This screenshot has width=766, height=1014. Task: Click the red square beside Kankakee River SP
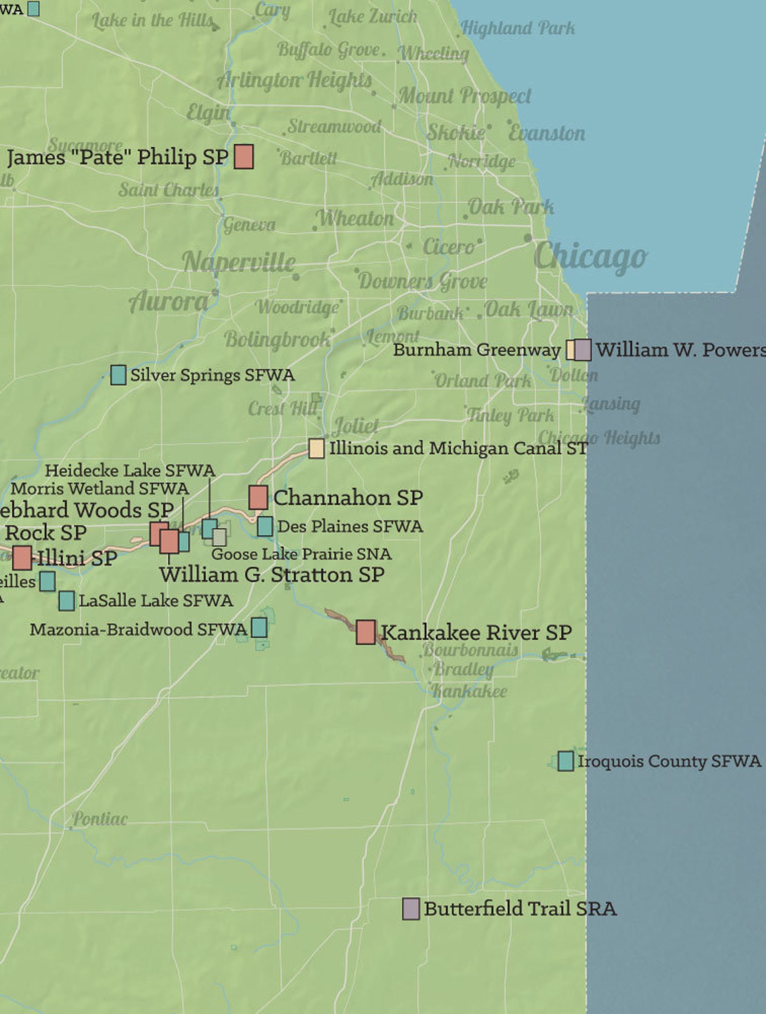366,632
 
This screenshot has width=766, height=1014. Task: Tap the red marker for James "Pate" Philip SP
244,156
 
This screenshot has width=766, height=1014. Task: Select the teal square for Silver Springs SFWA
118,375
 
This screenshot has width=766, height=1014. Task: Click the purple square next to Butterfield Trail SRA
410,909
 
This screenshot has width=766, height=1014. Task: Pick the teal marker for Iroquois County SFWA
565,761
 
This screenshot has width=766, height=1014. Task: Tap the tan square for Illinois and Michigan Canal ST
316,448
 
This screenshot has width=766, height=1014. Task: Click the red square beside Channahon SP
258,498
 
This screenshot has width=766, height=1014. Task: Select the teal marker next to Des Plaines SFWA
265,526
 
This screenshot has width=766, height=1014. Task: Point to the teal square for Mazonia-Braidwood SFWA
259,627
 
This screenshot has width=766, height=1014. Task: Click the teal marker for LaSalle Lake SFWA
67,601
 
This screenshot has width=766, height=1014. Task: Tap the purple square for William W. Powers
583,350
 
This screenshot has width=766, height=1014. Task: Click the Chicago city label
590,256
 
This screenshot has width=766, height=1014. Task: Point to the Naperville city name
239,262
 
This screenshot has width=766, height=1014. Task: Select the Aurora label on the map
169,302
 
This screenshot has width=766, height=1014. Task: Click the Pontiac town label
100,819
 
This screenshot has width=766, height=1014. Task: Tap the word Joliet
356,426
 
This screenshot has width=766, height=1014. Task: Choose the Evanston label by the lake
547,133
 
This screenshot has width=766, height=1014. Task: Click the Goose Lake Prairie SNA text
301,554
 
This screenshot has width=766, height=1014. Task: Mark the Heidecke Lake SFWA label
130,470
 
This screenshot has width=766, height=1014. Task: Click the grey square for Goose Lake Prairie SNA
219,537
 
